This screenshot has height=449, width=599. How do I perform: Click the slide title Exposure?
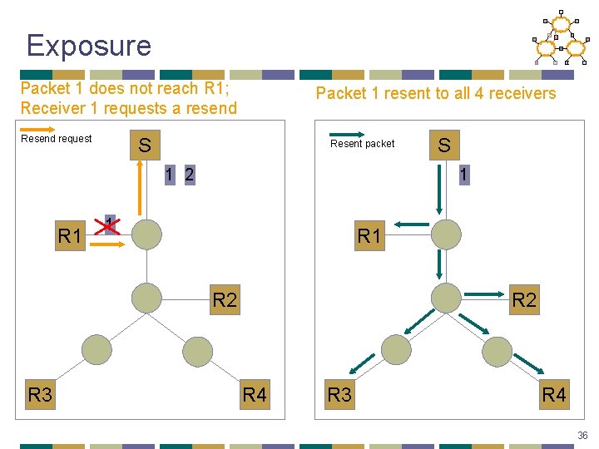(x=88, y=45)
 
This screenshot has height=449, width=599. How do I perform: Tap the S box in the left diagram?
(x=145, y=146)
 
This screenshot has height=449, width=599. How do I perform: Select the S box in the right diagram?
(x=444, y=146)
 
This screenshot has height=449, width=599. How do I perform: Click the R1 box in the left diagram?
(x=70, y=235)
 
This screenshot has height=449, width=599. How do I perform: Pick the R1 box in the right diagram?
(x=369, y=235)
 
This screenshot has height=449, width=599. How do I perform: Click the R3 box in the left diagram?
(x=40, y=394)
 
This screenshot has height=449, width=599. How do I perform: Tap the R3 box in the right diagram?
(x=339, y=394)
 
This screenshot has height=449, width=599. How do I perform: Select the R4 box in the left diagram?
(x=255, y=394)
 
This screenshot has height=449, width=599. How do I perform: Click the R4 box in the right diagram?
(x=554, y=394)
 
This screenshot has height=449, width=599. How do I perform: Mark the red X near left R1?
(x=106, y=225)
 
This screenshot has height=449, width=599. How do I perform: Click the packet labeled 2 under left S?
(x=190, y=175)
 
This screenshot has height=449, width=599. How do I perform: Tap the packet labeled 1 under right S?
(x=463, y=175)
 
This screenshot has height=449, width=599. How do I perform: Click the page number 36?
(x=582, y=435)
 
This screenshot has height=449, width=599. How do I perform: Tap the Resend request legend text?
(x=57, y=139)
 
